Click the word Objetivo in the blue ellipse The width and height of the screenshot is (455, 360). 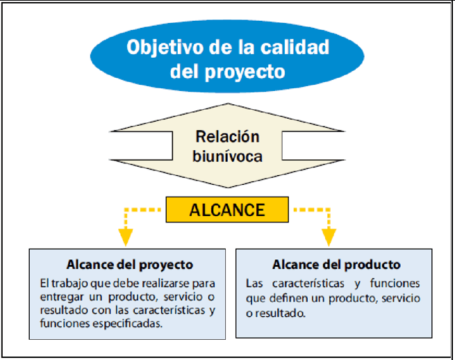165,48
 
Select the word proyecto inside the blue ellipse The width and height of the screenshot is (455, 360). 245,72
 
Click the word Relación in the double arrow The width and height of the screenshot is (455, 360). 227,136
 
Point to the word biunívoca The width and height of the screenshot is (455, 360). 228,156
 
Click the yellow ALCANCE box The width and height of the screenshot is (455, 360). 227,210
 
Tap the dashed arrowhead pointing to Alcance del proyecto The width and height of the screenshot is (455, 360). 126,237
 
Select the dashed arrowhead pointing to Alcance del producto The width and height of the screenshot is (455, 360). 329,237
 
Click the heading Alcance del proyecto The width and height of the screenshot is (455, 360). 130,265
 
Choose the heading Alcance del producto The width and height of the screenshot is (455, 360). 336,265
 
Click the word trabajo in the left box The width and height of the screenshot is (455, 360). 69,284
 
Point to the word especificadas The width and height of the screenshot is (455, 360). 127,323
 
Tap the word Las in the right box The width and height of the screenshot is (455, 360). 254,283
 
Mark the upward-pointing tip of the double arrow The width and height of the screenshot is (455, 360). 228,104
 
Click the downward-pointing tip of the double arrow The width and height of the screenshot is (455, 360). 228,188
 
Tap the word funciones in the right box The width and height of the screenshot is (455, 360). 395,283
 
